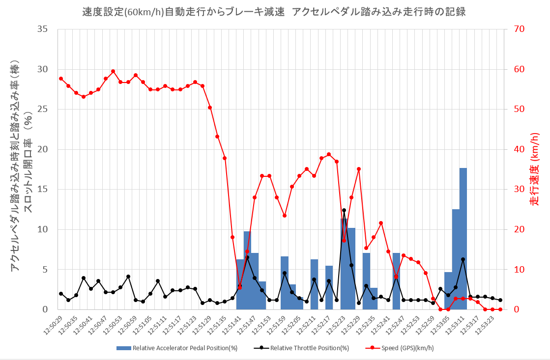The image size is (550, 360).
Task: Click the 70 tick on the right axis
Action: coord(519,29)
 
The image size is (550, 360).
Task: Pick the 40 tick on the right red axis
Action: coord(519,149)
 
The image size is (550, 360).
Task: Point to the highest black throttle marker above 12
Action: coord(344,210)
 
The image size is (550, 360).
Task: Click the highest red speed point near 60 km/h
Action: coord(113,71)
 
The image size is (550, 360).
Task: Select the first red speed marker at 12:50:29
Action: coord(61,79)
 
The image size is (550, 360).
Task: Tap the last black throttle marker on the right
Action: coord(500,300)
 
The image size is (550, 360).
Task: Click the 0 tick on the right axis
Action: coord(516,309)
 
